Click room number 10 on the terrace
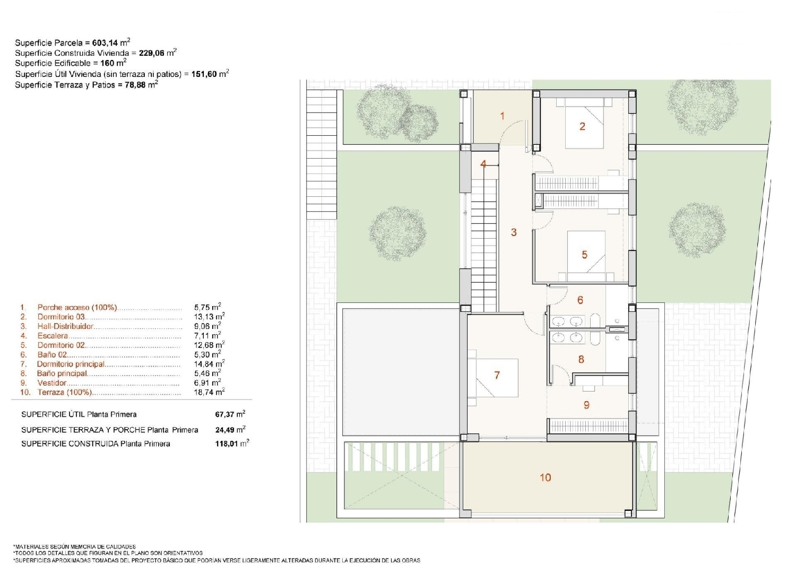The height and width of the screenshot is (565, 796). [545, 477]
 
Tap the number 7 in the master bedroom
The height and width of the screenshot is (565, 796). [497, 375]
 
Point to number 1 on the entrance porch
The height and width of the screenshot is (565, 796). [502, 116]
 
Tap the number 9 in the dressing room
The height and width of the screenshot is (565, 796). [586, 405]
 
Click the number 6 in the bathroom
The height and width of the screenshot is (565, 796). [580, 300]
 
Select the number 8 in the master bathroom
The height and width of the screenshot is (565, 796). [581, 359]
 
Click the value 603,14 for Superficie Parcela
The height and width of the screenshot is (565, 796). [105, 43]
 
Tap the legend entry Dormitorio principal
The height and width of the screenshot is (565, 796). [71, 364]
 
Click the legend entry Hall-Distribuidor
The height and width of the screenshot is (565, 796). [65, 326]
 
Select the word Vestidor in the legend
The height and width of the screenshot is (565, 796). [52, 383]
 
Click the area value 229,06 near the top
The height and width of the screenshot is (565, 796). [152, 53]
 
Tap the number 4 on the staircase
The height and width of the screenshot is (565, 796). [483, 164]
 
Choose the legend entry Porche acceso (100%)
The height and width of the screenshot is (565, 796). [77, 307]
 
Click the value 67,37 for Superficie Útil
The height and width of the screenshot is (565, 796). [225, 414]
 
